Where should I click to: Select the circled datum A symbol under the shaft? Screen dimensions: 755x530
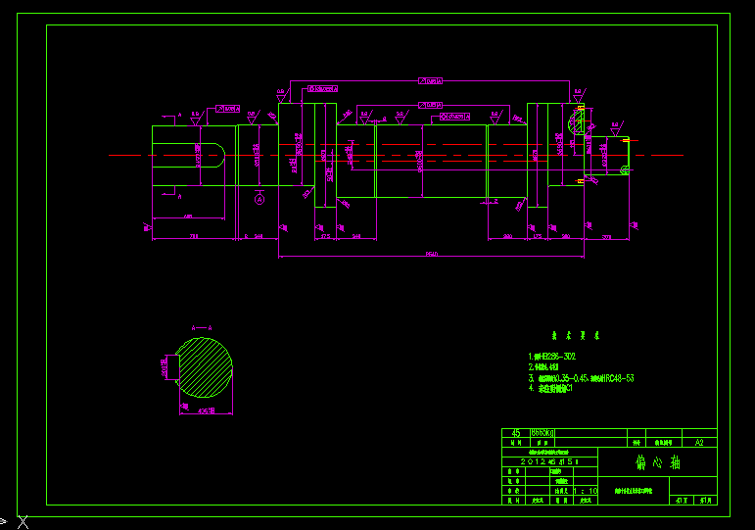click(x=259, y=199)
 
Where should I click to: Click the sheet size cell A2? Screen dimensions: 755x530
click(x=698, y=443)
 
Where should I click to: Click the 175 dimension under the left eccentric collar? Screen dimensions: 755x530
click(x=324, y=237)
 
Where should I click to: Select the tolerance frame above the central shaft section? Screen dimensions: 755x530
click(x=431, y=103)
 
